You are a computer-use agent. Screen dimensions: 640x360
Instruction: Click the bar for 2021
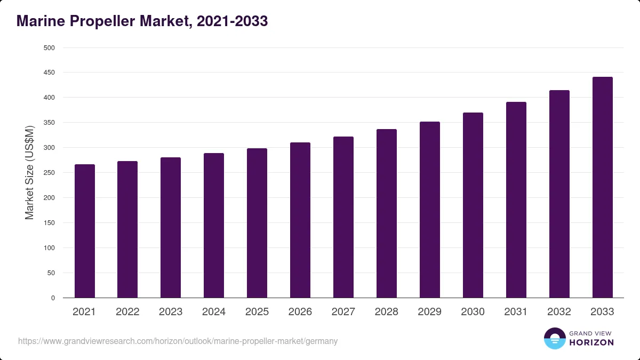click(x=85, y=231)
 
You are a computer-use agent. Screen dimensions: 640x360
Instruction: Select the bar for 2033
click(x=603, y=187)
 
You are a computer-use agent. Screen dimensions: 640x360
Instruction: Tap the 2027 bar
click(x=343, y=217)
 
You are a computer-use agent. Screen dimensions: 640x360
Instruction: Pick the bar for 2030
click(x=473, y=205)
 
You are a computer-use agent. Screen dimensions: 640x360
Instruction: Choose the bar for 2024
click(x=214, y=226)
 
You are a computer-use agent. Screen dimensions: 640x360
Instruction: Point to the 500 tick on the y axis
click(x=49, y=47)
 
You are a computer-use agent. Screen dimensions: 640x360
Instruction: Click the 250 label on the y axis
click(x=49, y=173)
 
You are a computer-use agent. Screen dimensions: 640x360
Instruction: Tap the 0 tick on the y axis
click(x=53, y=298)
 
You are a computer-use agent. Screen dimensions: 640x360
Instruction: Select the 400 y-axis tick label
click(x=49, y=98)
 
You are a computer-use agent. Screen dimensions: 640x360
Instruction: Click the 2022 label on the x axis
click(x=127, y=311)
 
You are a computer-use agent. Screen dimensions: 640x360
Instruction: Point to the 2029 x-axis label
click(x=429, y=311)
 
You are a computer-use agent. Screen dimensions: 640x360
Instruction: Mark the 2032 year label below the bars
click(x=559, y=311)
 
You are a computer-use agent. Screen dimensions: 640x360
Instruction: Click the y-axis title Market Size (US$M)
click(x=29, y=173)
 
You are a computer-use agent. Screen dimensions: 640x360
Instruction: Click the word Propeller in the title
click(x=102, y=21)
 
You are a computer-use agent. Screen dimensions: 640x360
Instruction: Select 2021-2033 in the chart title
click(x=233, y=21)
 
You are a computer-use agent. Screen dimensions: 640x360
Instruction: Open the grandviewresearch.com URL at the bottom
click(x=178, y=341)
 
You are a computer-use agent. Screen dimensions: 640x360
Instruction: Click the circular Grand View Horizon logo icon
click(x=555, y=338)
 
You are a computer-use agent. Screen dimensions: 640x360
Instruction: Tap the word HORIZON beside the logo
click(x=591, y=342)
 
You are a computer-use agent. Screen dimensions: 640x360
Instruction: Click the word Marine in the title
click(x=41, y=21)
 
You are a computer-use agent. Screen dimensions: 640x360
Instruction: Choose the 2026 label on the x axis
click(x=300, y=311)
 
